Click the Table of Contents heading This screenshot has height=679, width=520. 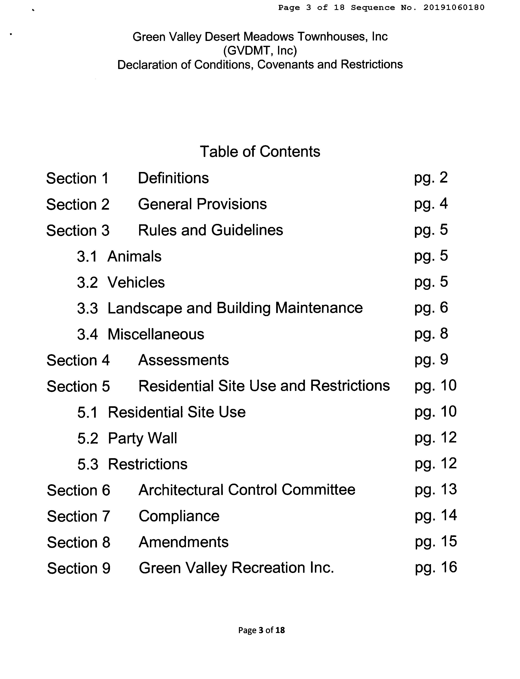pos(260,152)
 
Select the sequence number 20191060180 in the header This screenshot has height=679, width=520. pos(454,7)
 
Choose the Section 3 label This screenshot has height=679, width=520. pos(78,230)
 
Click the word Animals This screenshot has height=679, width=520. pos(134,256)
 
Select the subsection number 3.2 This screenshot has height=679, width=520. pos(87,283)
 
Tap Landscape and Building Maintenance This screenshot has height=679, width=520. pos(235,308)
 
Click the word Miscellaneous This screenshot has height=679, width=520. pos(156,334)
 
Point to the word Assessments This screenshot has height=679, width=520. pos(184,360)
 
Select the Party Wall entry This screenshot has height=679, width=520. pos(142,438)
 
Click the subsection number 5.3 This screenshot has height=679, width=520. pos(88,464)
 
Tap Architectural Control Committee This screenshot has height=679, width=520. pos(247,490)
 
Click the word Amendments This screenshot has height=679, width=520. pos(184,542)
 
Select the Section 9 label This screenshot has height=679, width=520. pos(79,568)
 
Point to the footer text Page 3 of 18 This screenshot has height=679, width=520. pos(261,630)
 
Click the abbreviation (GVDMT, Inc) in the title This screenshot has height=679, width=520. pos(260,50)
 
